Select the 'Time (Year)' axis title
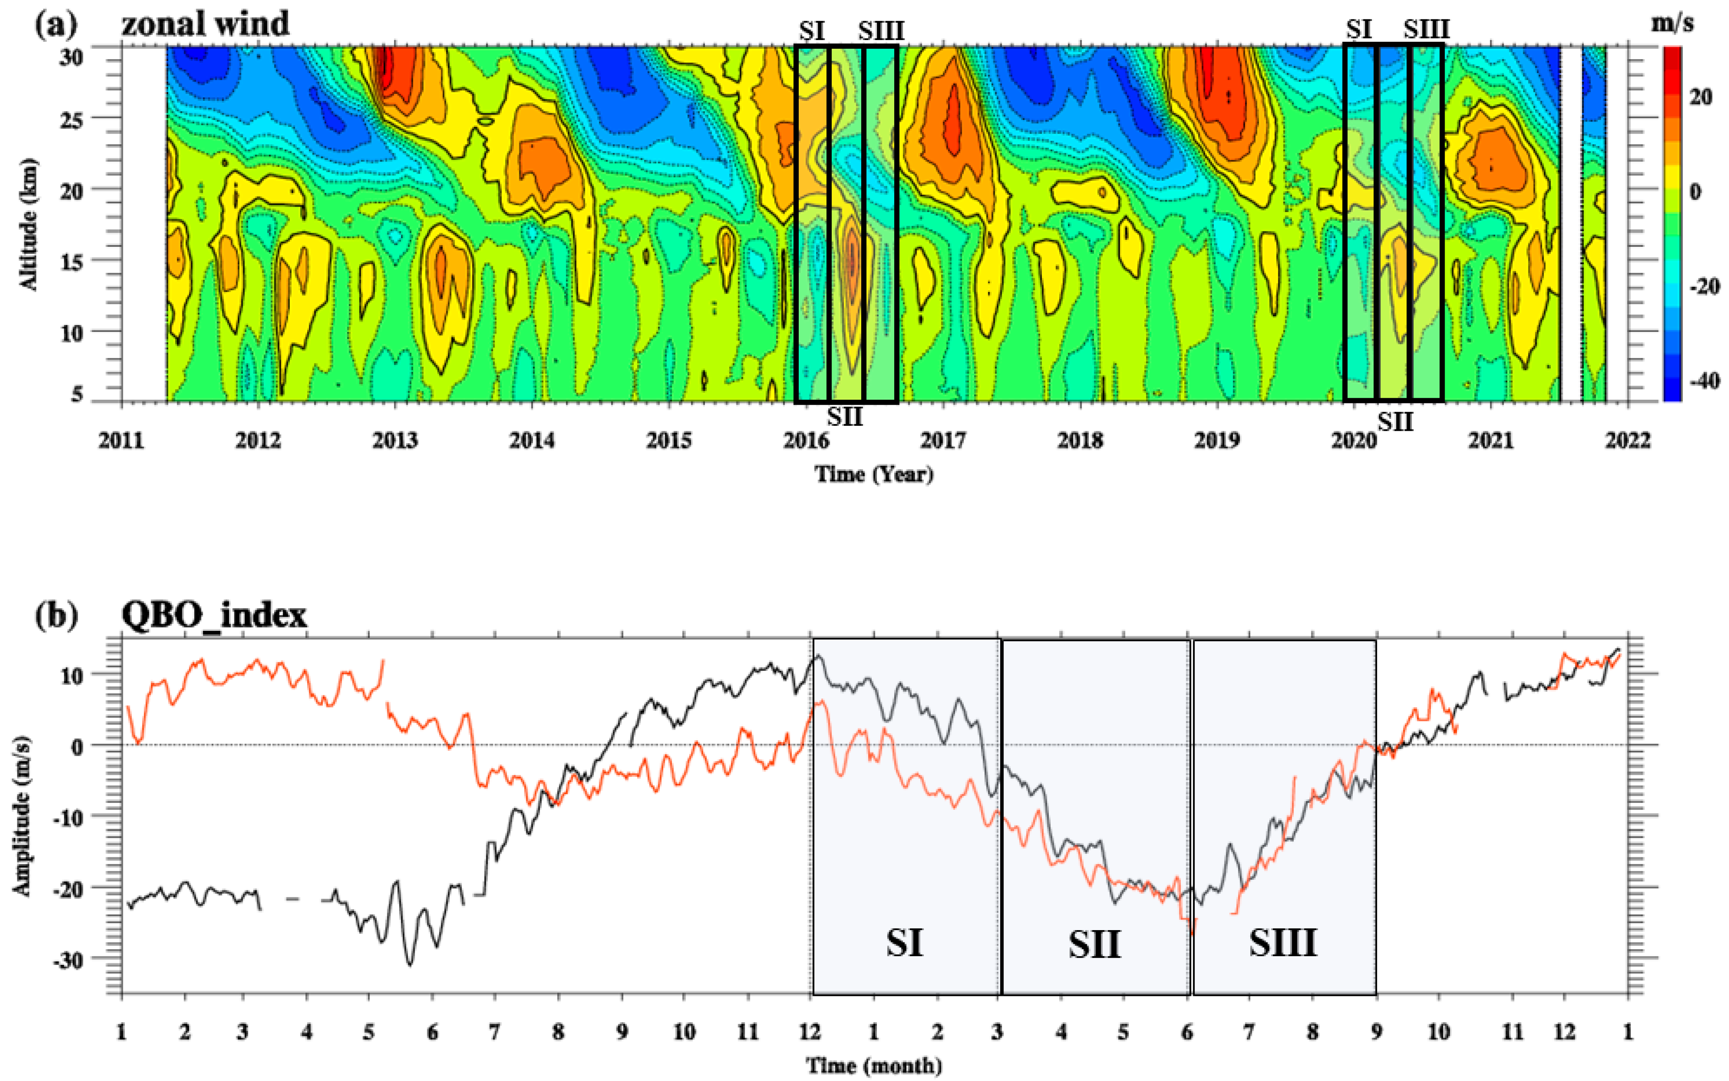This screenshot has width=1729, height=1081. (x=874, y=474)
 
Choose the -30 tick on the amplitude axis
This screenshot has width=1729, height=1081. (x=71, y=959)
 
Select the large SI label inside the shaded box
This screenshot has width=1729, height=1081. (x=905, y=943)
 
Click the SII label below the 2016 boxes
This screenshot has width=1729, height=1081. (x=845, y=416)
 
